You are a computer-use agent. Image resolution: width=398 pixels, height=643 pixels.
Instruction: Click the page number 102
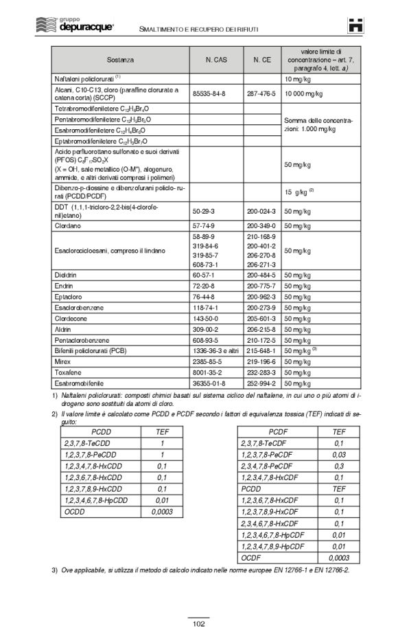coord(198,623)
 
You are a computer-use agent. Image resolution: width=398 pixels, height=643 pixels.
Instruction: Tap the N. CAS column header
coord(217,60)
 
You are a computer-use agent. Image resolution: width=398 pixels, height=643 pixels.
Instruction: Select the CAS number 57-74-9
coord(204,225)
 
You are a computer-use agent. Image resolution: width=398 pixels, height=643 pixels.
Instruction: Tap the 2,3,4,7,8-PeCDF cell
coord(272,466)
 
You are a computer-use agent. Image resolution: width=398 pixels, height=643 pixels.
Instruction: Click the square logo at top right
coord(354,23)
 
